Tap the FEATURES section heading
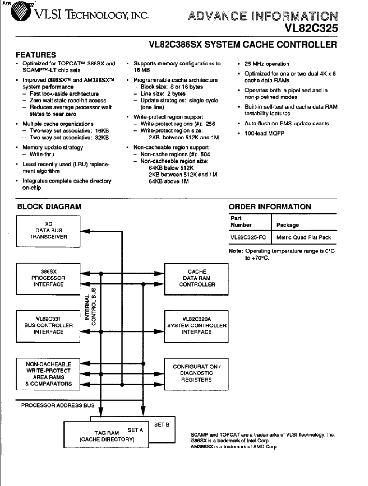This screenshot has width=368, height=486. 36,55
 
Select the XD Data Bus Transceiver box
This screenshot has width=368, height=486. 48,231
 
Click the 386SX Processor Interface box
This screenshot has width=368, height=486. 48,279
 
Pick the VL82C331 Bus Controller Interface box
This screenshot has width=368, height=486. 48,326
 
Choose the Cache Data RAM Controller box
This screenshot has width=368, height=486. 196,279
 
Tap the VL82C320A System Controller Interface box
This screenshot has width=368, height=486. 196,326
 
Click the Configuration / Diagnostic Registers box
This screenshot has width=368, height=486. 196,374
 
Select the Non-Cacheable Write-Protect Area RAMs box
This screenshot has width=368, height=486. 48,374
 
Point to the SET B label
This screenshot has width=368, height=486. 162,425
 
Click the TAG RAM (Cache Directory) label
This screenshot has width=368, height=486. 107,436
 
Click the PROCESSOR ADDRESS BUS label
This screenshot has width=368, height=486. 58,405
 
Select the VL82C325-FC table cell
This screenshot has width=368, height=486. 248,237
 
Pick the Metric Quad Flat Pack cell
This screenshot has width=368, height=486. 304,237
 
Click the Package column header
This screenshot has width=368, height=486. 288,225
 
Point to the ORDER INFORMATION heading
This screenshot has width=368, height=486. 270,207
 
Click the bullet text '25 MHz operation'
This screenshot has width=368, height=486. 267,64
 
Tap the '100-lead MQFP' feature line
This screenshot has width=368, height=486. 264,133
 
